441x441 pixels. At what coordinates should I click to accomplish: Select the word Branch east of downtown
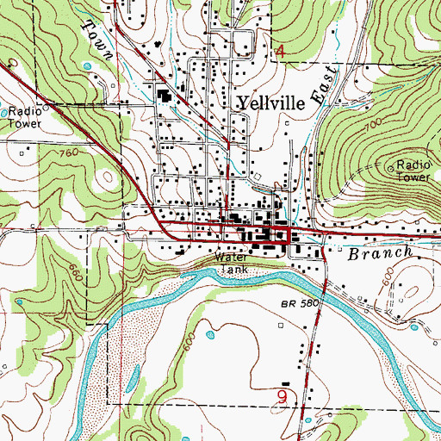[x=377, y=255]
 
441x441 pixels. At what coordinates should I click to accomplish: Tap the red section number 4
[x=279, y=53]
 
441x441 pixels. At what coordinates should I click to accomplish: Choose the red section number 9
[x=282, y=397]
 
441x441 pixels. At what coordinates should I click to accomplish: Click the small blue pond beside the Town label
[x=86, y=65]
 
